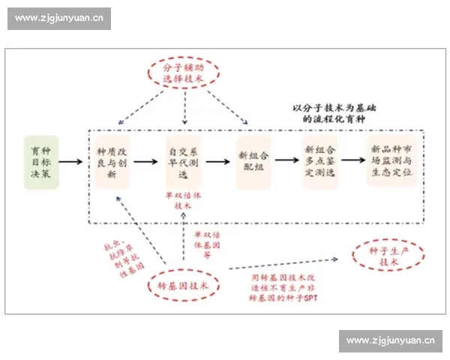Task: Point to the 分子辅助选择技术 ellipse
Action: pos(182,73)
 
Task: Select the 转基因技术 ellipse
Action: pos(182,285)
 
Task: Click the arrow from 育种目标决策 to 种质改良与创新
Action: pos(70,161)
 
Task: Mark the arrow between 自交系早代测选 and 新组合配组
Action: pos(216,161)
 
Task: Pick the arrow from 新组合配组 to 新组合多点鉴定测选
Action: pos(286,161)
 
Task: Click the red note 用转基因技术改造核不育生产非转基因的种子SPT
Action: pos(282,286)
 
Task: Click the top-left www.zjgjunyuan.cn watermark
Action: pos(60,18)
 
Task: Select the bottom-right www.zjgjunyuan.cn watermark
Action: pos(391,341)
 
